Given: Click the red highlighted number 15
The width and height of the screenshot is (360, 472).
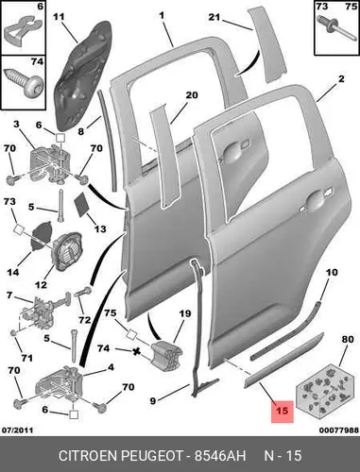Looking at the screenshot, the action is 283,411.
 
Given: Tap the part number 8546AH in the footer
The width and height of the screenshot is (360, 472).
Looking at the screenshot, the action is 220,456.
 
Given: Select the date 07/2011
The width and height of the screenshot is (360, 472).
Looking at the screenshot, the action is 18,430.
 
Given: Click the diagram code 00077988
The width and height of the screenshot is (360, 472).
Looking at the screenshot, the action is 339,430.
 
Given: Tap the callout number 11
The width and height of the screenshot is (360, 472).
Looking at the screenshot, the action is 60,17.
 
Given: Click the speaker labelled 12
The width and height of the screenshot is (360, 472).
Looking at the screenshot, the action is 68,251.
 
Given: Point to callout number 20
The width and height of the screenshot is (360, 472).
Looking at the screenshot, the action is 191,95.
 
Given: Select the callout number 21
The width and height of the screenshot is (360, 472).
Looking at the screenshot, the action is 214,17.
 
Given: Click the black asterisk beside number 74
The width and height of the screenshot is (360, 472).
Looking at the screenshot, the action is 136,351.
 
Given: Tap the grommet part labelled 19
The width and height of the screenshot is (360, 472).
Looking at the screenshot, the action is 166,355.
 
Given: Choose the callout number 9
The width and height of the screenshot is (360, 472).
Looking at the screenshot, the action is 152,401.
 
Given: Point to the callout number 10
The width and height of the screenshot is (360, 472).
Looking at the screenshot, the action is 331,272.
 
